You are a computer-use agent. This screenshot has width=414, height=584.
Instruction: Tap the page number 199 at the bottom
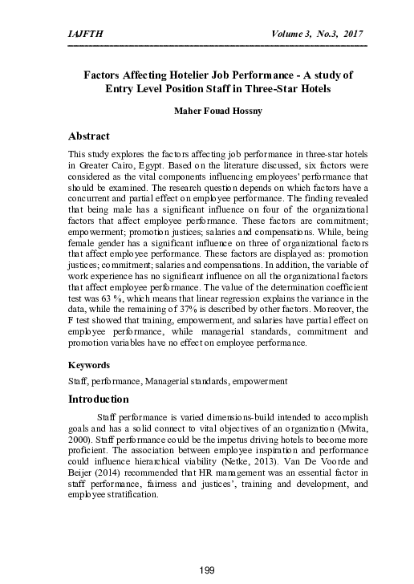click(x=207, y=570)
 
